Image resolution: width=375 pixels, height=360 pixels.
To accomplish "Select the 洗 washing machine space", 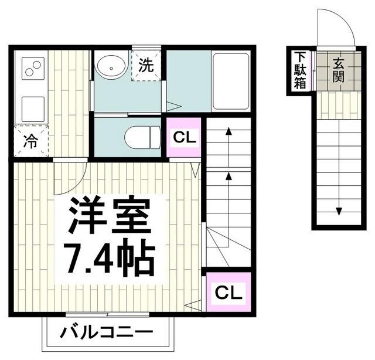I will [146, 65].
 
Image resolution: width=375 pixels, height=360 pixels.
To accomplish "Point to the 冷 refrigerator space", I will [30, 141].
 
